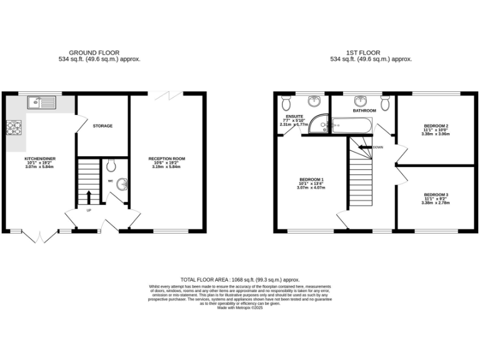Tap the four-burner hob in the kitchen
pos(14,127)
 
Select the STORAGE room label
pos(102,126)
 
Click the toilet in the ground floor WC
pos(111,166)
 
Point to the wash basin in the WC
pos(122,184)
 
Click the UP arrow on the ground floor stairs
pos(88,197)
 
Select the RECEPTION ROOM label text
pos(166,159)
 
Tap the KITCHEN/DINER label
pos(40,159)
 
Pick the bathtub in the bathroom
pos(352,126)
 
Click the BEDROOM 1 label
pos(311,179)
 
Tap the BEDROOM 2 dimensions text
pos(435,134)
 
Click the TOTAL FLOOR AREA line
pos(240,279)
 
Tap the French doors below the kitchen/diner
pos(39,237)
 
